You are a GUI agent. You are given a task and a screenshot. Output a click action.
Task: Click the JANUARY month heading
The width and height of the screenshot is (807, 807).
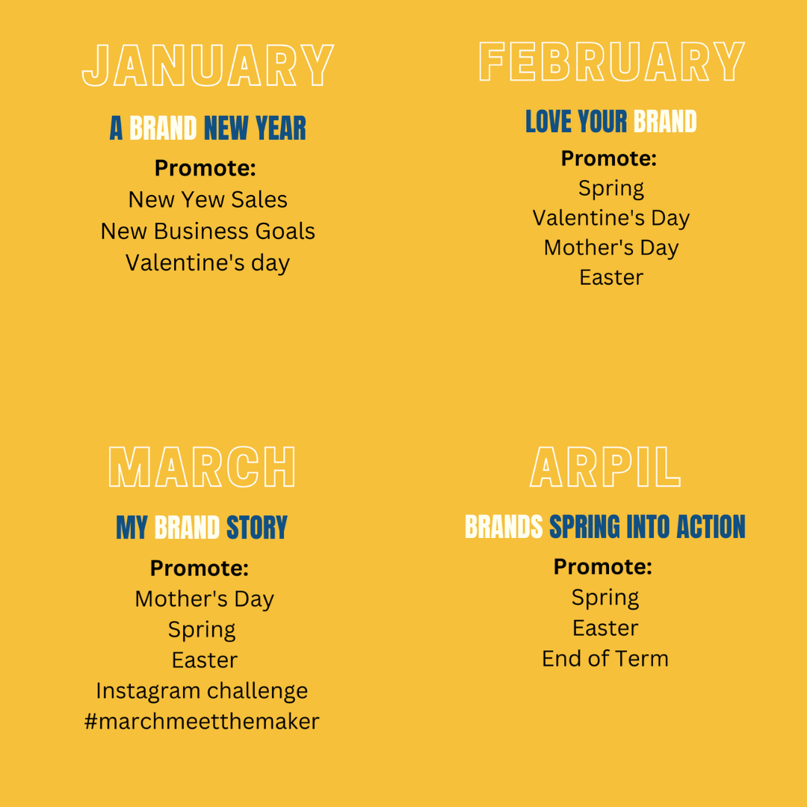(208, 65)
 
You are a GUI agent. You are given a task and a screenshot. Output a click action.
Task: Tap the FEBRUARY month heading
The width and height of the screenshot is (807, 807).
(611, 62)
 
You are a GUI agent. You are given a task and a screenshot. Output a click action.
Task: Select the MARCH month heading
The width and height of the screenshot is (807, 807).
(202, 467)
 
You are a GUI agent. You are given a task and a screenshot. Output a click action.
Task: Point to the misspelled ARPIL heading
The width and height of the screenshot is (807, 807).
(605, 467)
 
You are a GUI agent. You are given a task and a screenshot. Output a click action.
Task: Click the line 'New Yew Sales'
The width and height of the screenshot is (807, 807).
(208, 200)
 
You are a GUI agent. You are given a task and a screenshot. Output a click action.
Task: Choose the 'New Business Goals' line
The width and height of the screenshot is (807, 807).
(208, 231)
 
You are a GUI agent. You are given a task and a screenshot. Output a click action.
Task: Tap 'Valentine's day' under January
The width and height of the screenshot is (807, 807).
(208, 263)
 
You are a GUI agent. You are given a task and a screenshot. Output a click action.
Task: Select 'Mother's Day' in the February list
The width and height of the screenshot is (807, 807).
(611, 248)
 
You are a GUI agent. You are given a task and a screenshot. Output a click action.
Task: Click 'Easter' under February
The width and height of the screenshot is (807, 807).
(611, 277)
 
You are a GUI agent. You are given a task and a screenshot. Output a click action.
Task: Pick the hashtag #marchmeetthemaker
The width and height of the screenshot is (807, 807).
(202, 721)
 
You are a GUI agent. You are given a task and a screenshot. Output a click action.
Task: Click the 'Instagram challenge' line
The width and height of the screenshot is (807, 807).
(202, 691)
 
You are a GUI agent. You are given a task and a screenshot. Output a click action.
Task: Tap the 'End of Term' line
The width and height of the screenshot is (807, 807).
(605, 659)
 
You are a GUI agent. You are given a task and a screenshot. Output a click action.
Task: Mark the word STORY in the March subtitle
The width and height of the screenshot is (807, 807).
(257, 528)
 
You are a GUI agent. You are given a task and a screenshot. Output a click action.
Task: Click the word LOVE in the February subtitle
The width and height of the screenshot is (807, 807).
(548, 122)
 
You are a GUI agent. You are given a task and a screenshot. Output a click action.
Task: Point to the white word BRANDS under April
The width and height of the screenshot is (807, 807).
(504, 527)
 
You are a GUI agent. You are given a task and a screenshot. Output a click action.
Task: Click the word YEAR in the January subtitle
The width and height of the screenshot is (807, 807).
(281, 129)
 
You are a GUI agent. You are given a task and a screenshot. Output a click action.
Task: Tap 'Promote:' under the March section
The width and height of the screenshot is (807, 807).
(200, 568)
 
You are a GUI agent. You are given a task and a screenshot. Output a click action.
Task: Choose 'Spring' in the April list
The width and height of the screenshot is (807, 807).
(605, 599)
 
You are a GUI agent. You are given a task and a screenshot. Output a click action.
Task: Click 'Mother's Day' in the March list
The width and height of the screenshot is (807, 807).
(204, 599)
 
